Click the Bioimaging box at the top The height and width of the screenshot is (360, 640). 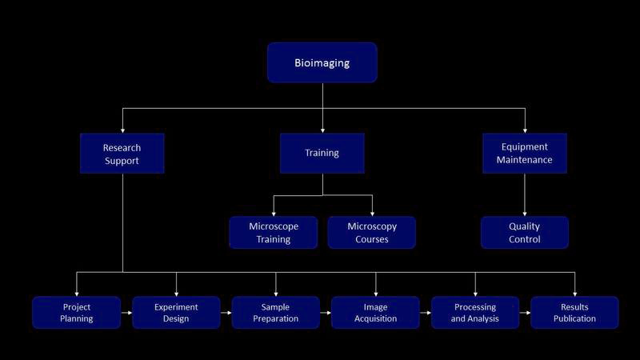tap(322, 62)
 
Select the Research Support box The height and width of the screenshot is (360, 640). tap(122, 154)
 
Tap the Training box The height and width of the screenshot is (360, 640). tap(322, 153)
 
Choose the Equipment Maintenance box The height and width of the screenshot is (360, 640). tap(524, 154)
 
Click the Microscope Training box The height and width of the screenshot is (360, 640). tap(273, 233)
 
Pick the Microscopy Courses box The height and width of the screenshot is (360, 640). tap(371, 233)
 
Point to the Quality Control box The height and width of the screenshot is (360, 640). tap(524, 233)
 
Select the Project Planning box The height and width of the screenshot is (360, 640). tap(77, 313)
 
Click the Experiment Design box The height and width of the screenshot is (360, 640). tap(176, 313)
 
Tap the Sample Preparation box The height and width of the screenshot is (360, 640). tap(276, 313)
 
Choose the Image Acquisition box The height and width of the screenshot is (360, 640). tap(375, 313)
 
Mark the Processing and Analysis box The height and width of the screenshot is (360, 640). tap(475, 313)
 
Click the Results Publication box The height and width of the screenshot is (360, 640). tap(574, 313)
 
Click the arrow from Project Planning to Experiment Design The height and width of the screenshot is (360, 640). tap(126, 313)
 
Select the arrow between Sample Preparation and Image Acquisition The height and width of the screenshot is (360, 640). tap(326, 313)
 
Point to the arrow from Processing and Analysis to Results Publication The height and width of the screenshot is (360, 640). tap(525, 313)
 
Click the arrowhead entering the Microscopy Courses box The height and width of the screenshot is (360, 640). tap(372, 213)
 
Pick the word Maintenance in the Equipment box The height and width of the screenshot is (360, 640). tap(524, 160)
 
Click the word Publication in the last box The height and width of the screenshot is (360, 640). tap(574, 319)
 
